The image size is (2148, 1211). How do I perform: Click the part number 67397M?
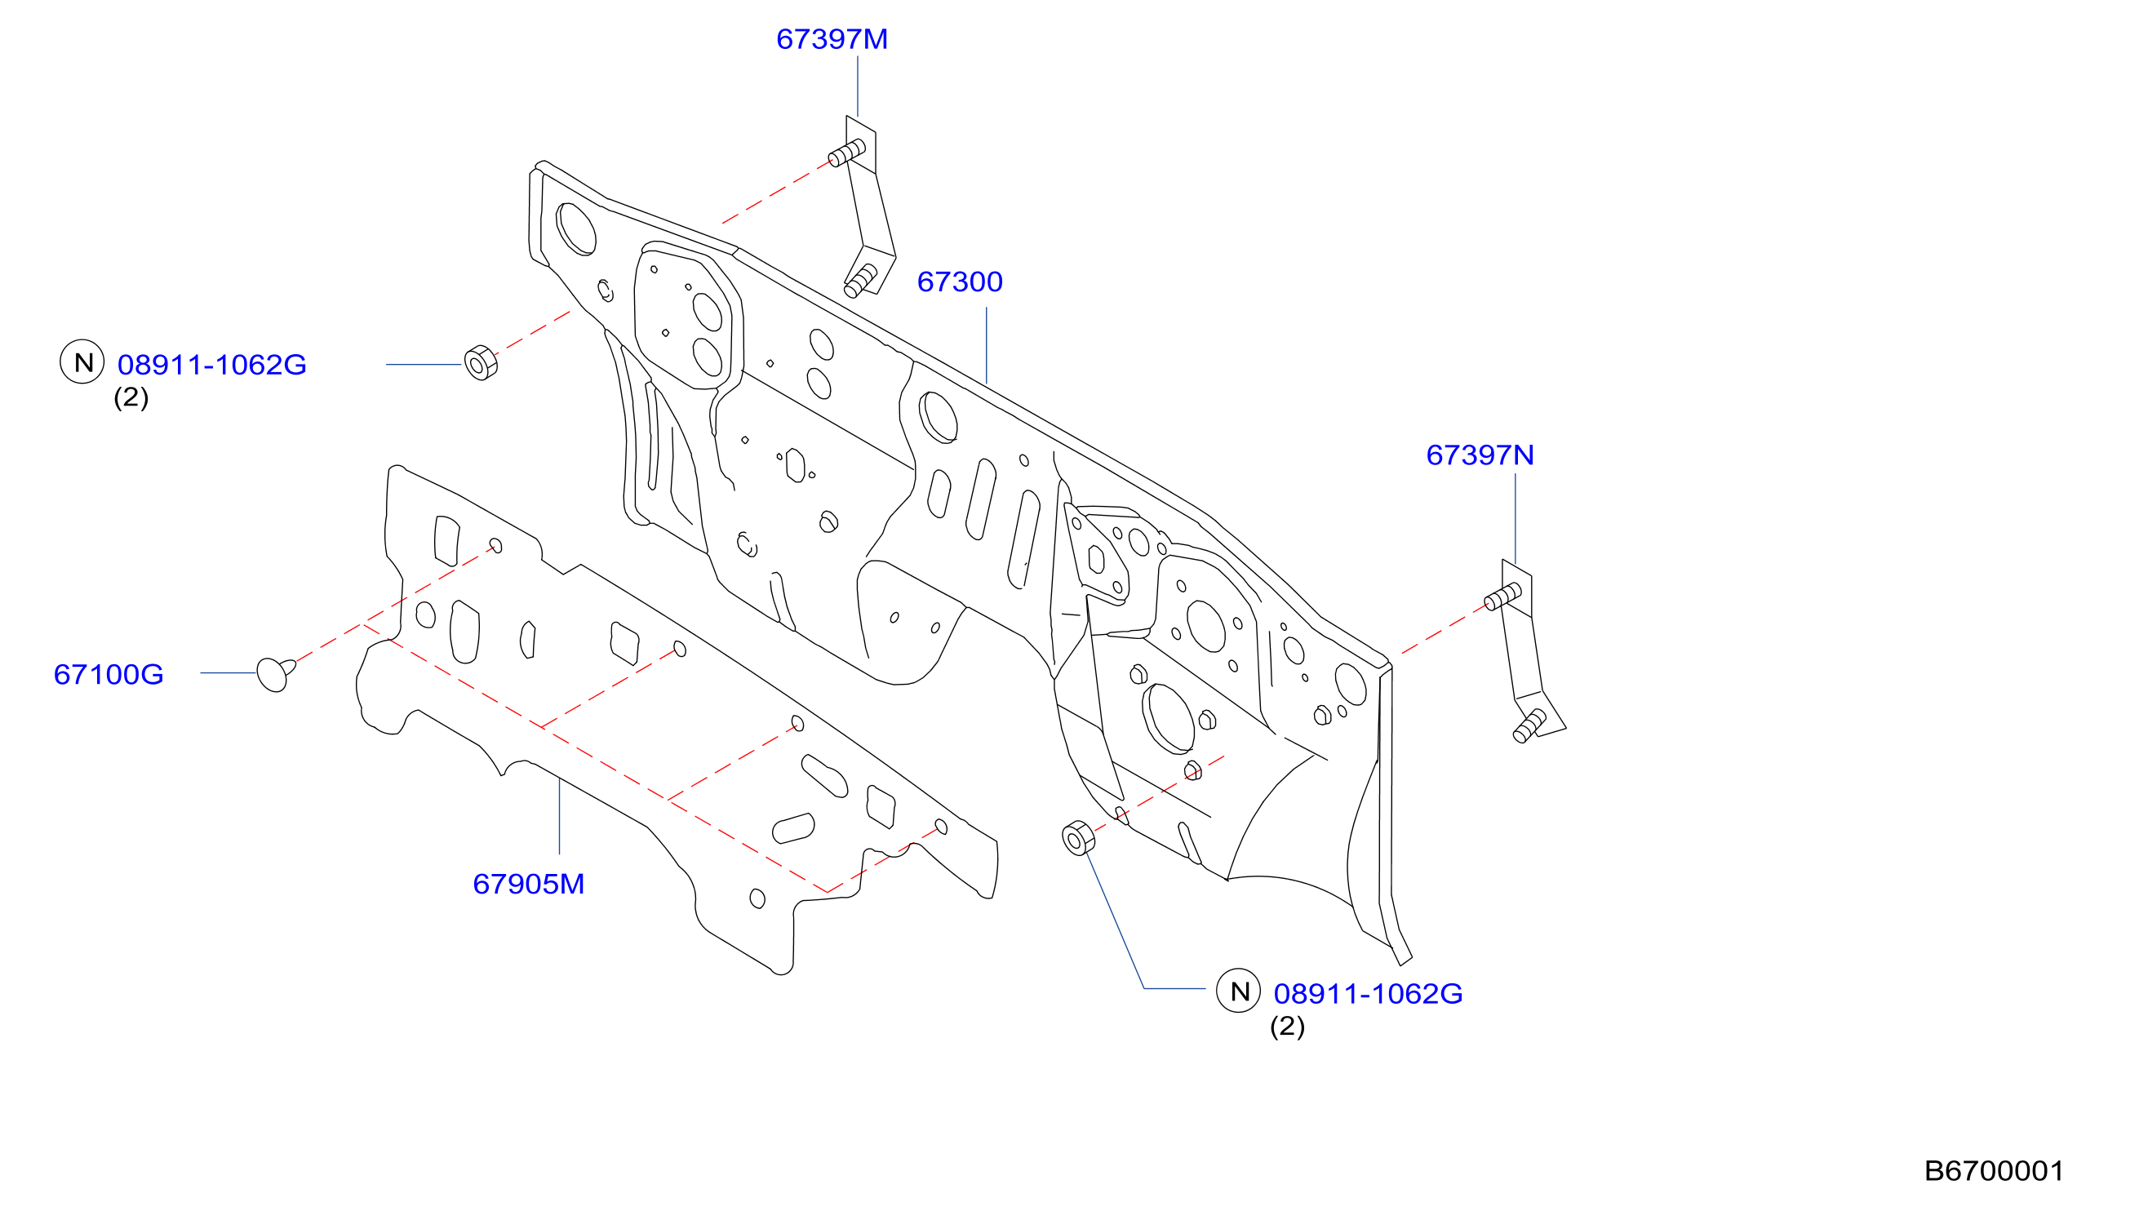tap(832, 39)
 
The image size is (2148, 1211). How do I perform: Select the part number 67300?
tap(960, 282)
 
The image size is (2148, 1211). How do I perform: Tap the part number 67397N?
tap(1480, 455)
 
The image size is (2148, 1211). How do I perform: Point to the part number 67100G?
tap(109, 675)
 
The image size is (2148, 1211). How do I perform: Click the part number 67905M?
tap(529, 884)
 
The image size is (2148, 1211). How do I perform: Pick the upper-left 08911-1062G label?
tap(212, 366)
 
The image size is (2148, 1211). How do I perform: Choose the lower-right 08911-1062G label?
tap(1369, 994)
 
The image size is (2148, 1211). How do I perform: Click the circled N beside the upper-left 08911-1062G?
tap(82, 362)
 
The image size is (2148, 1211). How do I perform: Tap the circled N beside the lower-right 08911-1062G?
tap(1238, 991)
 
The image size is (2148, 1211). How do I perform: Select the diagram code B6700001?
tap(1994, 1172)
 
